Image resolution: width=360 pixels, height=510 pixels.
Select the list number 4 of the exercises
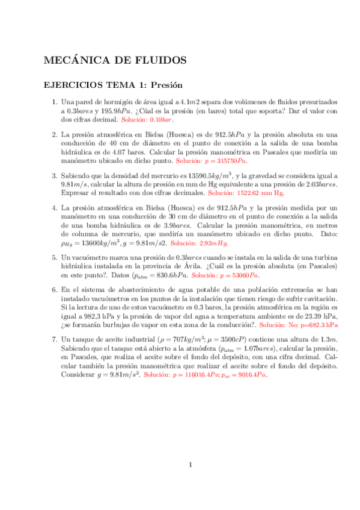(x=54, y=208)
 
